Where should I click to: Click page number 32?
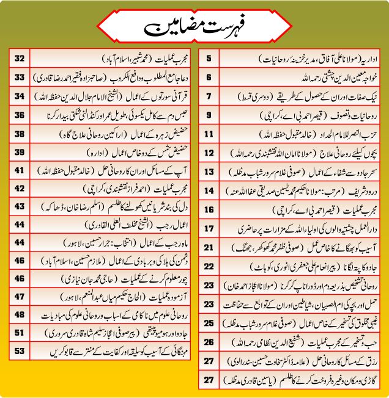click(19, 59)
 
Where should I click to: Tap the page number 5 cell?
click(209, 59)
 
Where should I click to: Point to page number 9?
click(209, 115)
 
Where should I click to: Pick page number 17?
click(209, 228)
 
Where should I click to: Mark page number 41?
click(19, 170)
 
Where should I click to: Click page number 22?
click(209, 266)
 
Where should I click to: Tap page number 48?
click(19, 314)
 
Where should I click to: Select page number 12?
click(209, 153)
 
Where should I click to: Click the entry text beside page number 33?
click(110, 78)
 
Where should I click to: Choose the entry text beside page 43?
click(110, 207)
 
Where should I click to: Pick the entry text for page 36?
click(110, 115)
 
